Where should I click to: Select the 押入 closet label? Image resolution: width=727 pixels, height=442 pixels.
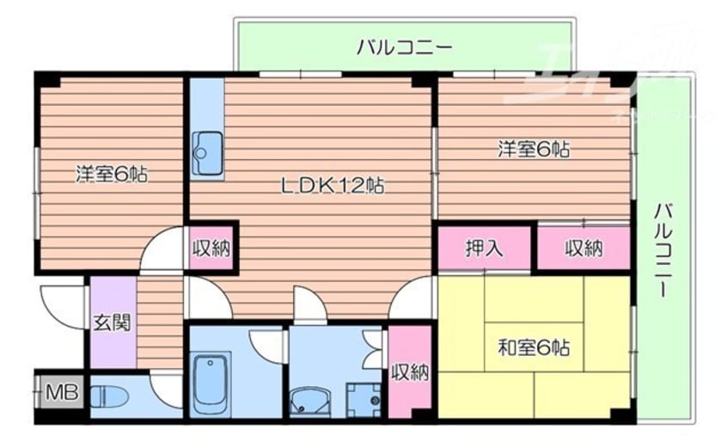[x=486, y=249]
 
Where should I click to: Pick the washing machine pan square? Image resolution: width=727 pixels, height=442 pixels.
[x=363, y=398]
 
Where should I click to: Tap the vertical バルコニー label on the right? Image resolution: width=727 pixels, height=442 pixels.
[x=663, y=250]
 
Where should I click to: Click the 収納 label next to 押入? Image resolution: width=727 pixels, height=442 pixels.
[x=583, y=249]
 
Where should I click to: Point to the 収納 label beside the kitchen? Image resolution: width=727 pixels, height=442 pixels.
[x=211, y=249]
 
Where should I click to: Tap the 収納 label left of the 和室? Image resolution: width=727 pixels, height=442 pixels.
[x=409, y=371]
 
